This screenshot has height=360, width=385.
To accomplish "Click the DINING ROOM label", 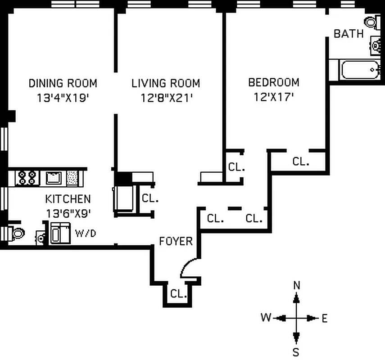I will (x=63, y=83).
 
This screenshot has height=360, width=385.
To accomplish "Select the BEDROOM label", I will (x=274, y=82).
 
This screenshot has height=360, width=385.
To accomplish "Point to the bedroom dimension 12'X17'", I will (x=274, y=96).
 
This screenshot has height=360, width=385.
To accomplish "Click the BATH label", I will (x=349, y=34).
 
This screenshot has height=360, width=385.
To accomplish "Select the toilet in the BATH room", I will (x=371, y=22).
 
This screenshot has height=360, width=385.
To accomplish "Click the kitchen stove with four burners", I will (x=26, y=177).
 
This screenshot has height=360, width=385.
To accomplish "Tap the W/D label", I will (x=85, y=233).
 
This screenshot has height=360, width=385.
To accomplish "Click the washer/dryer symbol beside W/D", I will (x=59, y=233).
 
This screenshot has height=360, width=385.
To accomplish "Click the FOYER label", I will (x=176, y=241).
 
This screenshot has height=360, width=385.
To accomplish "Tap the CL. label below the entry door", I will (x=178, y=294).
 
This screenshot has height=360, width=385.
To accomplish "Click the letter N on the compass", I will (x=296, y=285).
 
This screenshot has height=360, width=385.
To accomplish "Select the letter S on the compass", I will (x=296, y=351).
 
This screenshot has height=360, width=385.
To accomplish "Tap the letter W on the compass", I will (x=266, y=318).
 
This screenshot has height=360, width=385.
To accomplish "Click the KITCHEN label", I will (x=68, y=199).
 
